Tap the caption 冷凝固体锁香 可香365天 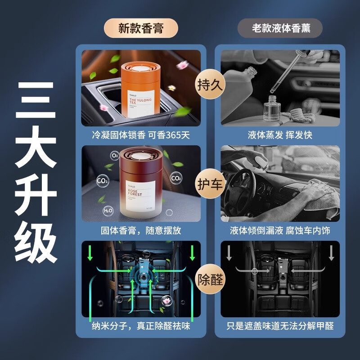coord(140,135)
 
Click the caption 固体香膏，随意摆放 coord(140,230)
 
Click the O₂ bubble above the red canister coord(115,155)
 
